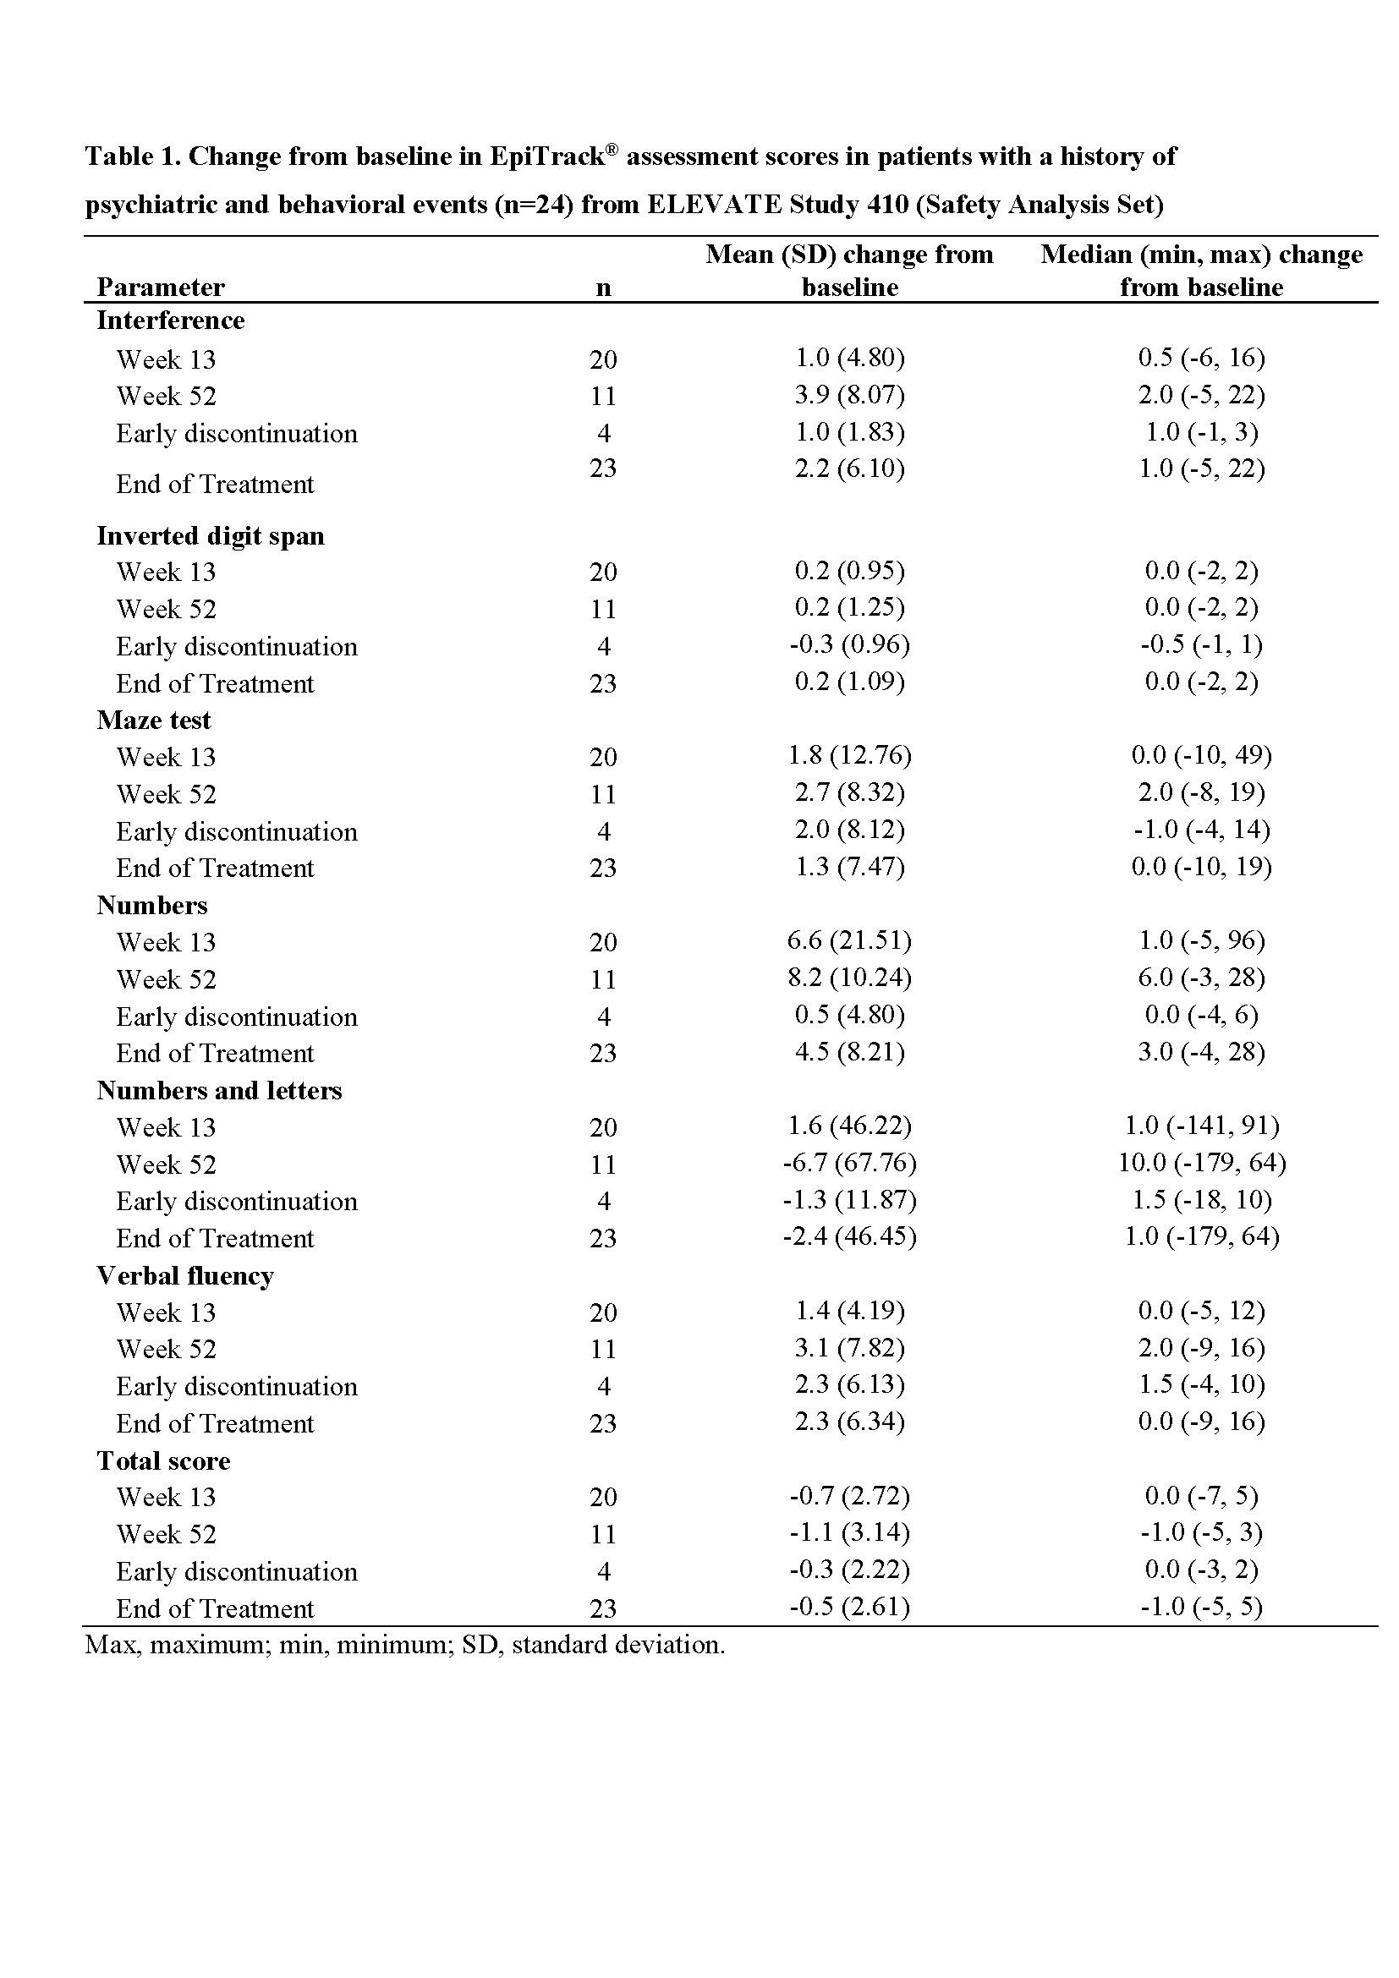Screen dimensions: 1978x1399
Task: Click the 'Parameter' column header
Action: click(x=160, y=287)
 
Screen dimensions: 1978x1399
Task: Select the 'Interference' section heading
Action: click(x=171, y=321)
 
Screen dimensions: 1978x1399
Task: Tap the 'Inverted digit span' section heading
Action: click(x=211, y=536)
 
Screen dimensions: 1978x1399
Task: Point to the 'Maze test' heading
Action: click(x=153, y=721)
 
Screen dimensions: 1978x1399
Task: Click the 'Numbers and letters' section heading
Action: click(x=219, y=1091)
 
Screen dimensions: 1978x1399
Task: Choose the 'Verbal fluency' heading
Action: click(x=185, y=1276)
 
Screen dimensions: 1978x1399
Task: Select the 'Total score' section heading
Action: click(x=164, y=1461)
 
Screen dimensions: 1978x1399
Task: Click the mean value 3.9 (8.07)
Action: click(x=849, y=395)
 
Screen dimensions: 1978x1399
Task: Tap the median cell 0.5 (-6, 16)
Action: click(x=1201, y=358)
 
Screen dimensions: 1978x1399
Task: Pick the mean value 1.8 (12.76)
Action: click(x=849, y=755)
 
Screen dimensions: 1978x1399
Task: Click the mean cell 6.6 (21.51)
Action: click(x=849, y=940)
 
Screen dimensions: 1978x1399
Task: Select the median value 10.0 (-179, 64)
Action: click(x=1201, y=1163)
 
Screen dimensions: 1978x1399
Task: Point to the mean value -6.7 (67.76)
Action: click(x=849, y=1163)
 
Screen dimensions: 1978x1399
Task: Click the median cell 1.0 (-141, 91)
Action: click(x=1201, y=1126)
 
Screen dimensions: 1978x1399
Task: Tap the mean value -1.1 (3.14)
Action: click(x=849, y=1532)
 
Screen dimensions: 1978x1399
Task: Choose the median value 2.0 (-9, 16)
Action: click(x=1201, y=1347)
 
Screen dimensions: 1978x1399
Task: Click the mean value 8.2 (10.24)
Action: click(x=849, y=978)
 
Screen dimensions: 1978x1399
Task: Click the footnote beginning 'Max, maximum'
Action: click(x=405, y=1645)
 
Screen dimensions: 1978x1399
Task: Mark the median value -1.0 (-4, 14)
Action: click(x=1201, y=830)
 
